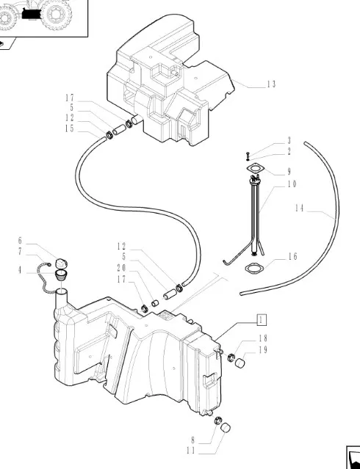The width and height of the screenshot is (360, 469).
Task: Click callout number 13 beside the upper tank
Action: (x=271, y=84)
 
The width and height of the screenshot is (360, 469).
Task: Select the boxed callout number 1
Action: (x=262, y=320)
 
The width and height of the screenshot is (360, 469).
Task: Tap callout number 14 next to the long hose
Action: (x=299, y=208)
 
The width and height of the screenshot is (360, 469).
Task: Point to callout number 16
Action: (x=293, y=256)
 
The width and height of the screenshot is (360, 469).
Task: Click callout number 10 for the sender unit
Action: (x=292, y=184)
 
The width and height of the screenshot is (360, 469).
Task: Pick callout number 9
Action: (x=289, y=172)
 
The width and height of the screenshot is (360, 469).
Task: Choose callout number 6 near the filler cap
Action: (x=20, y=241)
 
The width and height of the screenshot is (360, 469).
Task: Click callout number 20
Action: (x=122, y=268)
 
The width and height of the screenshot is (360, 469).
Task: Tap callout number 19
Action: (x=263, y=350)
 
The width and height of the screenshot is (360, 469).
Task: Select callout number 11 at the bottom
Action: (x=190, y=451)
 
